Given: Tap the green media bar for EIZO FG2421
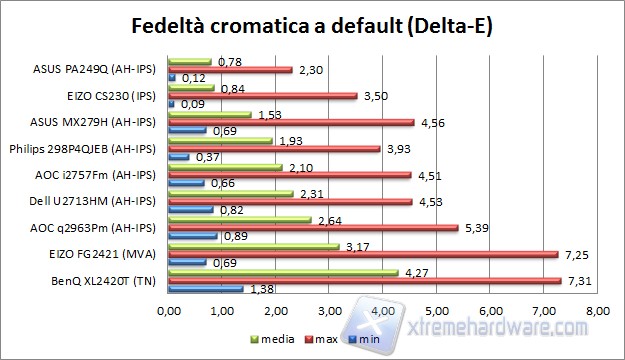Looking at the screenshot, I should (254, 245).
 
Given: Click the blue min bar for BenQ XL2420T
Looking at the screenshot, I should (205, 289).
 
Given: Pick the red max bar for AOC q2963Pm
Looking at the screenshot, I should (313, 228).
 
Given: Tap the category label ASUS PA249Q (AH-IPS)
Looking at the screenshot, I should (102, 70).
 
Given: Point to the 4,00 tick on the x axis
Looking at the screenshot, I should (382, 313).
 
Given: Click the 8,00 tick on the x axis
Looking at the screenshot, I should (596, 313).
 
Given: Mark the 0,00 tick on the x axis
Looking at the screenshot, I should (169, 313).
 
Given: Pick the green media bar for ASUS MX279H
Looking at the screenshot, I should (209, 115).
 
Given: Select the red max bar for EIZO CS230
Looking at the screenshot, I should (262, 96).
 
